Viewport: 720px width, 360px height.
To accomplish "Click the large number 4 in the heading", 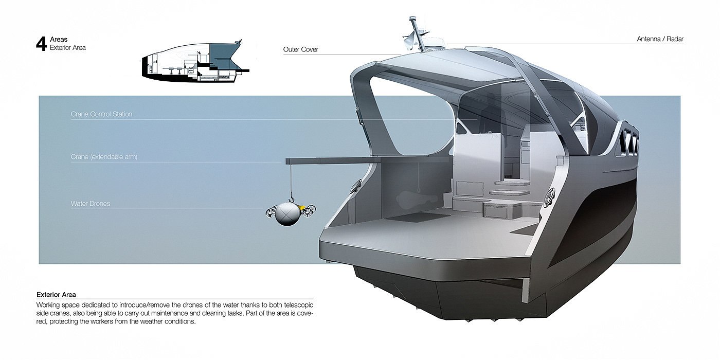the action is tap(41, 44).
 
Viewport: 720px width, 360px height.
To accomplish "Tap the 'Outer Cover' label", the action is tap(301, 50).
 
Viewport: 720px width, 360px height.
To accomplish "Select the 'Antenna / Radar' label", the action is tap(660, 39).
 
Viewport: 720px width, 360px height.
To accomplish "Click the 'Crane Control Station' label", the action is tap(101, 114).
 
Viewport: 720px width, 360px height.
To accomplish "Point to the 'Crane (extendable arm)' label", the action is tap(104, 157).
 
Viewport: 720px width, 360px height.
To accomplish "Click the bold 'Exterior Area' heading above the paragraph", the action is tap(56, 295).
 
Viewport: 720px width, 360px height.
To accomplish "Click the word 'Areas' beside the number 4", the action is tap(59, 40).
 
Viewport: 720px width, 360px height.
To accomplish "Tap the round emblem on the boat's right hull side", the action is tap(549, 194).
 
